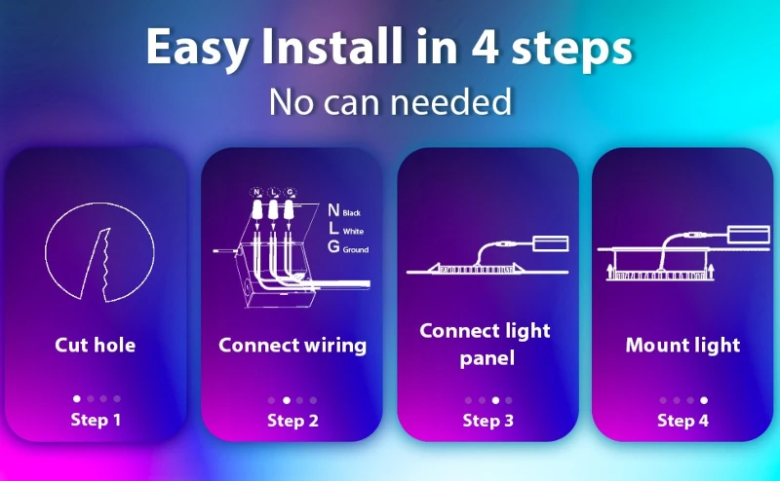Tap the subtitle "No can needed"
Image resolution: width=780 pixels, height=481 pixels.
coord(391,102)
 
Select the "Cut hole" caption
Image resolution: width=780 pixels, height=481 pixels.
coord(95,345)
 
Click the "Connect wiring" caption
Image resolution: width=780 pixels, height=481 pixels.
coord(292,346)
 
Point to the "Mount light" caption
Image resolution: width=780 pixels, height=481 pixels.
coord(682,346)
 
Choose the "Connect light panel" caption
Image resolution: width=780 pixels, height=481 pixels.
coord(485,345)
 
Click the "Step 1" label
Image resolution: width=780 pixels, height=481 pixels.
coord(96,420)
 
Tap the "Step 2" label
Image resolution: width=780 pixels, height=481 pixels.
coord(292,421)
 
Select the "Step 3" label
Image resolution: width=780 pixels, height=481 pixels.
coord(488,421)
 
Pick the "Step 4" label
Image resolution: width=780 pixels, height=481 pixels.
coord(683,421)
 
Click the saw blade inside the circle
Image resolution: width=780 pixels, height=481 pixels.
coord(97,264)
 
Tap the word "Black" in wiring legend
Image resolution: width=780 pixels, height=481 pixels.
coord(351,213)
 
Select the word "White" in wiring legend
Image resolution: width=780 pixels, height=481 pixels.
coord(353,232)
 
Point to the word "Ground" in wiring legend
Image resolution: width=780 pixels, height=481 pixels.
coord(356,250)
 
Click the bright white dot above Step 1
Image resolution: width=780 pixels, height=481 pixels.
coord(77,398)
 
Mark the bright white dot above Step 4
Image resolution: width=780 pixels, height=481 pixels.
coord(703,400)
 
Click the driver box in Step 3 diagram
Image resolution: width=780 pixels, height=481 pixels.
coord(550,243)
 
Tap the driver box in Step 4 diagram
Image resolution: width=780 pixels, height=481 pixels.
coord(748,235)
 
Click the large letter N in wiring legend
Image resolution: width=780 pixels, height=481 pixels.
coord(333,210)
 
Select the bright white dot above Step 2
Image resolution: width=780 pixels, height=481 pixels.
coord(287,400)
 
